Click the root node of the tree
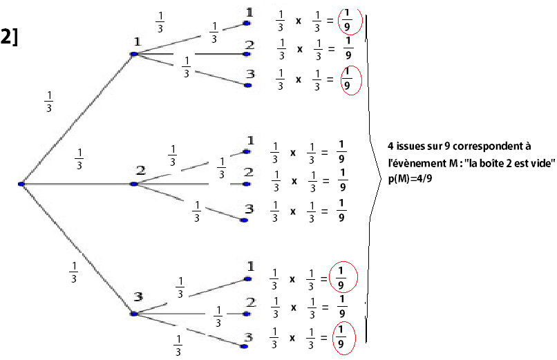tap(21, 184)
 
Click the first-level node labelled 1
tap(137, 54)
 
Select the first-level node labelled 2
tap(136, 184)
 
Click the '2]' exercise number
tap(10, 37)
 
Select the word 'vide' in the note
tap(542, 162)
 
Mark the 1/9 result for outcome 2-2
tap(341, 181)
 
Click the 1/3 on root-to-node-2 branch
tap(79, 159)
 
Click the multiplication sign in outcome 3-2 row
tap(292, 308)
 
